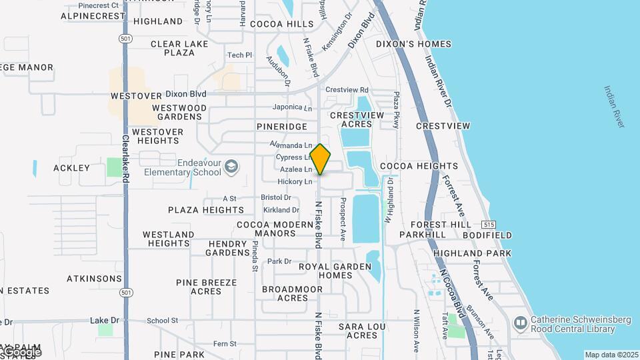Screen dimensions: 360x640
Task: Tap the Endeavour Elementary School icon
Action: [x=231, y=166]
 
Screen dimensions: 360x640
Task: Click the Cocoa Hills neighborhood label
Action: [x=282, y=24]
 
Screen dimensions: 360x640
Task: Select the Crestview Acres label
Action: [x=363, y=119]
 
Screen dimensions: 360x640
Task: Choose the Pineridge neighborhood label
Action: [x=281, y=126]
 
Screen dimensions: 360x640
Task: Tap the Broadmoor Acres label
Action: [x=292, y=293]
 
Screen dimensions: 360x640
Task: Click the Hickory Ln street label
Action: [x=295, y=181]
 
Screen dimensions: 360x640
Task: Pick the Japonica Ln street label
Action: [x=292, y=108]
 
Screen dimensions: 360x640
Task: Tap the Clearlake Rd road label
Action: [x=125, y=160]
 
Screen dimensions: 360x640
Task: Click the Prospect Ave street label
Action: [x=343, y=219]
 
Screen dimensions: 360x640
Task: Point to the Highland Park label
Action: [x=473, y=253]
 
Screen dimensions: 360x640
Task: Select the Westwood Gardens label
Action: [x=179, y=112]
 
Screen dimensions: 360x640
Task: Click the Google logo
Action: [x=21, y=351]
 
